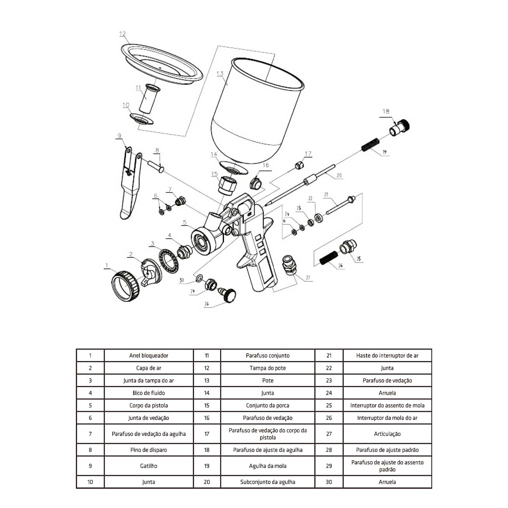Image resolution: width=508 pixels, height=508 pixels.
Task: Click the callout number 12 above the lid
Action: [x=123, y=34]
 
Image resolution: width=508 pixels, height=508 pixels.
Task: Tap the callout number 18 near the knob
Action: [x=386, y=111]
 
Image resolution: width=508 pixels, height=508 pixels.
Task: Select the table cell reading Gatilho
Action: [x=149, y=466]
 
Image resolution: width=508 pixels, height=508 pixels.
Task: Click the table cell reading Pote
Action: [x=268, y=380]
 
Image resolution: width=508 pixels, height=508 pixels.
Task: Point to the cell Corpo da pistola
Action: [x=149, y=405]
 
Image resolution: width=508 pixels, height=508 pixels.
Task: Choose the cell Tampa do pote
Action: [x=268, y=368]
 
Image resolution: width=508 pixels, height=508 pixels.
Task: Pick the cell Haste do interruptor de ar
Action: [x=387, y=356]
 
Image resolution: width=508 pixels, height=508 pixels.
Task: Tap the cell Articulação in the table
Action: [x=387, y=434]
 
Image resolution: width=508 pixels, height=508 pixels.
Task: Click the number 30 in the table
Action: [x=329, y=482]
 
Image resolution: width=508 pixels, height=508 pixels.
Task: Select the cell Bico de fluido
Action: [x=149, y=393]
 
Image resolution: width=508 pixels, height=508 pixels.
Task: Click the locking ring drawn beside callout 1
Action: [x=126, y=286]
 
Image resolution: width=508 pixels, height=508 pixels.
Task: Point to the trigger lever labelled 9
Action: [x=130, y=183]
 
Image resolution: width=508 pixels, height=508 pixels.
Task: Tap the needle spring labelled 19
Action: [x=370, y=145]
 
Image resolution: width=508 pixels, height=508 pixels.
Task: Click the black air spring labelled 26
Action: [x=329, y=258]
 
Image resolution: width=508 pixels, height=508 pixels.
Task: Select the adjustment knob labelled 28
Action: [x=227, y=294]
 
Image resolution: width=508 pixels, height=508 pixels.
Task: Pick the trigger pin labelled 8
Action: [x=156, y=166]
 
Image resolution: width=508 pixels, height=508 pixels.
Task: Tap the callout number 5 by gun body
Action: [x=185, y=223]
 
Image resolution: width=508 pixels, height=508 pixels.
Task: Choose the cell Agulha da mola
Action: [x=268, y=466]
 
